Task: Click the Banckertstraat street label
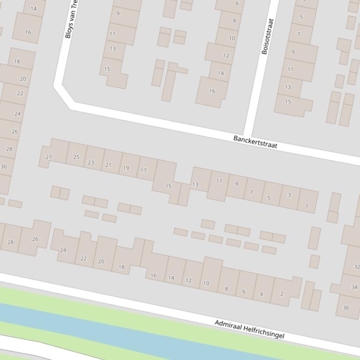(x=255, y=142)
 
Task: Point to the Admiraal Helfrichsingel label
(x=249, y=329)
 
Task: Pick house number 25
(x=76, y=157)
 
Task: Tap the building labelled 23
(x=91, y=162)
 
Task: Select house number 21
(x=109, y=165)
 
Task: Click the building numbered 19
(x=126, y=168)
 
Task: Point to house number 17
(x=144, y=170)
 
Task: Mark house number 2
(x=282, y=294)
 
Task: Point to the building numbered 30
(x=4, y=166)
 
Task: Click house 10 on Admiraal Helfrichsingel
(x=206, y=283)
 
